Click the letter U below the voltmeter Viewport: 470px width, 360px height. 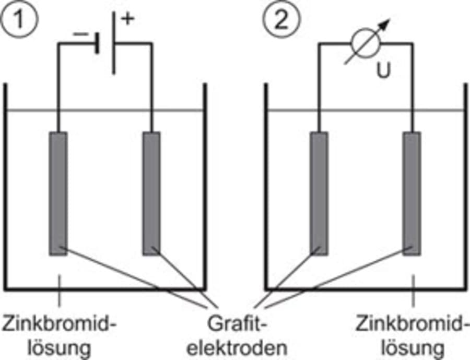384,71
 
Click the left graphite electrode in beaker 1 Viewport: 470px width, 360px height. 58,193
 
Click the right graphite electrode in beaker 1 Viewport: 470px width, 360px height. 151,193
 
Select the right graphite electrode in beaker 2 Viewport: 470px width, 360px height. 412,193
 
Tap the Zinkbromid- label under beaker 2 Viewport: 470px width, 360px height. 410,325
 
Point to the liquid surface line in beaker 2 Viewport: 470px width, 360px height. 366,110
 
